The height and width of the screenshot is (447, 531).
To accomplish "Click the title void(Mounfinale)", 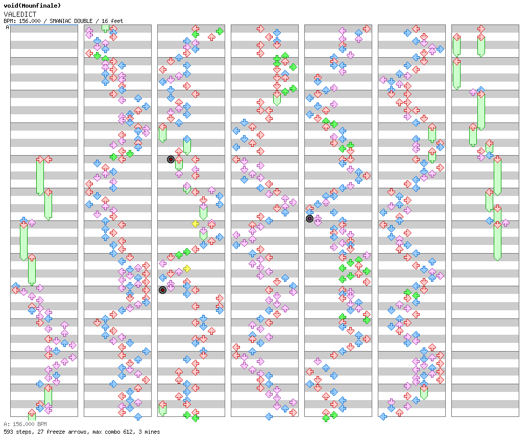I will pos(32,6).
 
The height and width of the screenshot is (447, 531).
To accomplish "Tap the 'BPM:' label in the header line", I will pos(10,21).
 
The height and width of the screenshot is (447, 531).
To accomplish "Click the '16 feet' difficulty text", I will pos(112,21).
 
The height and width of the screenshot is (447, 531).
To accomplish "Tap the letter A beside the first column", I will pos(7,28).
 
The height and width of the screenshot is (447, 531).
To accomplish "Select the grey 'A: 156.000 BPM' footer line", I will pos(25,424).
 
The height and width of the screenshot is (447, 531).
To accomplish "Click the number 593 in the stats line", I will pos(8,432).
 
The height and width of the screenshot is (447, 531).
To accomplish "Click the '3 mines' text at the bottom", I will pos(149,432).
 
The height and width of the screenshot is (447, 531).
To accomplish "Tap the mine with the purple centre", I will pos(309,219).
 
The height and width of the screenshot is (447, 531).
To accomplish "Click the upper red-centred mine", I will pos(171,159).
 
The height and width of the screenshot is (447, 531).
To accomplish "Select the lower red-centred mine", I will pos(162,290).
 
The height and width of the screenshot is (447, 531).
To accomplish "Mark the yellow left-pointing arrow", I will pos(195,224).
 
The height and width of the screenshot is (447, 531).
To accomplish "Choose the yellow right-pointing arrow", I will pos(187,268).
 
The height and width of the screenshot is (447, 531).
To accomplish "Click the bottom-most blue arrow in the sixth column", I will pos(383,416).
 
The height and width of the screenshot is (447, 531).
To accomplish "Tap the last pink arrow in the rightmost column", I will pos(505,222).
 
